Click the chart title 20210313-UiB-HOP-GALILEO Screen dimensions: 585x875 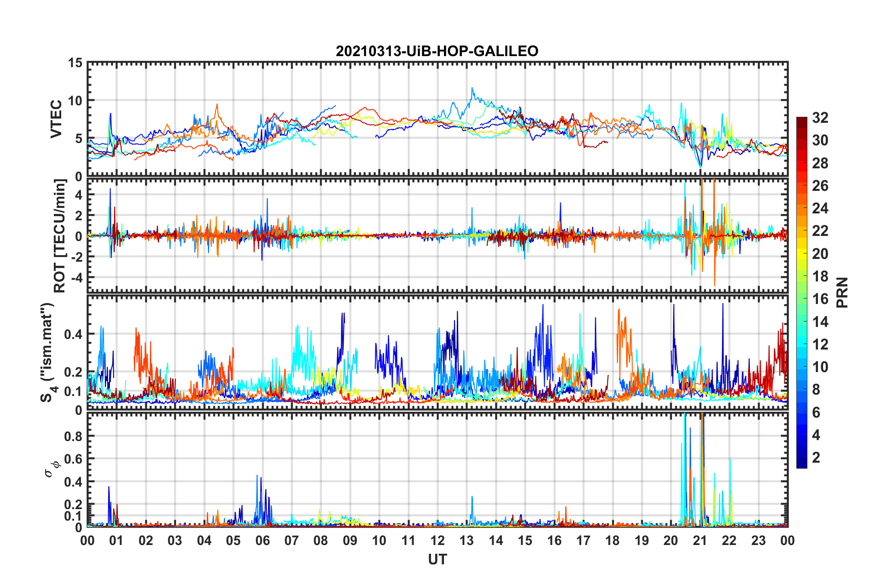point(437,51)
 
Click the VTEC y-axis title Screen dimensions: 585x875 point(56,119)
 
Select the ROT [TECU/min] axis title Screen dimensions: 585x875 point(60,235)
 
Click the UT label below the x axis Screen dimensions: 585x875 point(437,559)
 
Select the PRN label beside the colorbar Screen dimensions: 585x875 point(842,292)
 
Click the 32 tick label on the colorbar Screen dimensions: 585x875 point(820,118)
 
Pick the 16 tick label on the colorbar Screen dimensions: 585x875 point(820,299)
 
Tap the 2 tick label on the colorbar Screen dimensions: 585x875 point(816,458)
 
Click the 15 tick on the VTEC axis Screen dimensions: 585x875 point(75,63)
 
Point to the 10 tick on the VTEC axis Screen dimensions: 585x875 point(75,101)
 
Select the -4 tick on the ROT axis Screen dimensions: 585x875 point(75,278)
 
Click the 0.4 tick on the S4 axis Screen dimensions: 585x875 point(73,334)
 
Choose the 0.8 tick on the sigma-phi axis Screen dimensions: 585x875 point(73,436)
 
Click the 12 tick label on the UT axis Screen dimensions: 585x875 point(437,540)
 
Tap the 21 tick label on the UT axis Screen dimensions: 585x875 point(700,540)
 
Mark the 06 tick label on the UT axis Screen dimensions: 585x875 point(262,540)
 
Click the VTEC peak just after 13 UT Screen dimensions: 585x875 point(472,88)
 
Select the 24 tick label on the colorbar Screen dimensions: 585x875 point(820,208)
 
